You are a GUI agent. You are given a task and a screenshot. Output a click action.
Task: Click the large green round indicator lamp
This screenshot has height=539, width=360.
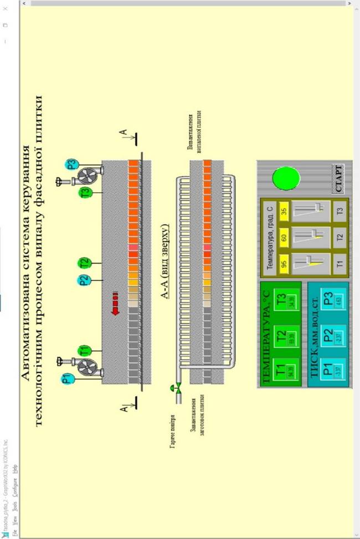[x=286, y=177]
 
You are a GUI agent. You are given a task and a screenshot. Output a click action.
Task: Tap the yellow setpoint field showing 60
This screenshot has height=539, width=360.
[x=284, y=237]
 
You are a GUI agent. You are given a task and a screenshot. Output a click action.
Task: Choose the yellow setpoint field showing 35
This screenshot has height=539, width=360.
[x=284, y=211]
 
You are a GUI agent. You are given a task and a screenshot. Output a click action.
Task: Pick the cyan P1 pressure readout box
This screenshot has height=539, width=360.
[x=329, y=370]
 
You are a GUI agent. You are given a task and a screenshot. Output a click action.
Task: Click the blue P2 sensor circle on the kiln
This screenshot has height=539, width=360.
[x=84, y=280]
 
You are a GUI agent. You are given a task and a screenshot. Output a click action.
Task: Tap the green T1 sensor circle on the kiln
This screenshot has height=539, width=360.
[x=84, y=350]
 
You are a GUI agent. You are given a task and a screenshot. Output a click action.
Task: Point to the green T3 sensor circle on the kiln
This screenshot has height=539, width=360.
[x=85, y=193]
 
